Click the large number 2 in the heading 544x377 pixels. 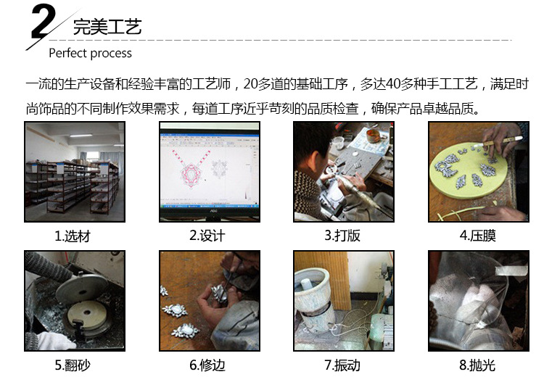(x=44, y=22)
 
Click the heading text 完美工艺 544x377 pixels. (x=107, y=27)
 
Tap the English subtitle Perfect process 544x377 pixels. (x=90, y=54)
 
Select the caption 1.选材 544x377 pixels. (x=73, y=236)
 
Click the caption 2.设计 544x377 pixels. (x=207, y=236)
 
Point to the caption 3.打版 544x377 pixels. (x=342, y=236)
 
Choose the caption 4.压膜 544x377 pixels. (x=477, y=236)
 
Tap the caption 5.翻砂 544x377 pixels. (x=73, y=365)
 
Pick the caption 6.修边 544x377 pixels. (x=207, y=365)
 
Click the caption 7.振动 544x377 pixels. (x=342, y=365)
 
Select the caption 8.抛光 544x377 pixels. (x=477, y=365)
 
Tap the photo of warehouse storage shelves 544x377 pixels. (x=75, y=172)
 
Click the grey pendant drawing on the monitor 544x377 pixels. (x=219, y=169)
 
